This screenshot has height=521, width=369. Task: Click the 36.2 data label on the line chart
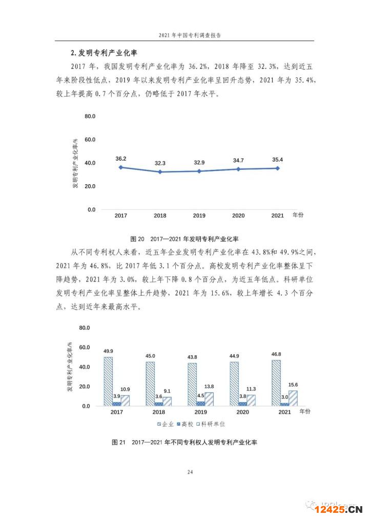click(x=121, y=159)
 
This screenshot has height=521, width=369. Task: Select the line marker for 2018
click(x=160, y=172)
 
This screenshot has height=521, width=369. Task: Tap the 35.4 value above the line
click(x=277, y=160)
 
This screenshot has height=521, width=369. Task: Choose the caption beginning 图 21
click(x=184, y=442)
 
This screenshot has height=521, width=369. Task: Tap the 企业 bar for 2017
click(x=108, y=381)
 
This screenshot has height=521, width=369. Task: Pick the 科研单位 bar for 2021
click(x=293, y=398)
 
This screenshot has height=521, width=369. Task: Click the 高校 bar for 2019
click(x=200, y=403)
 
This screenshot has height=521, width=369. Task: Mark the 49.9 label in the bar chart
click(x=108, y=352)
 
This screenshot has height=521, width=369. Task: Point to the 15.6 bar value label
click(x=293, y=385)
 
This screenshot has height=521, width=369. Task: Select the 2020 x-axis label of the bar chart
click(x=242, y=412)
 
